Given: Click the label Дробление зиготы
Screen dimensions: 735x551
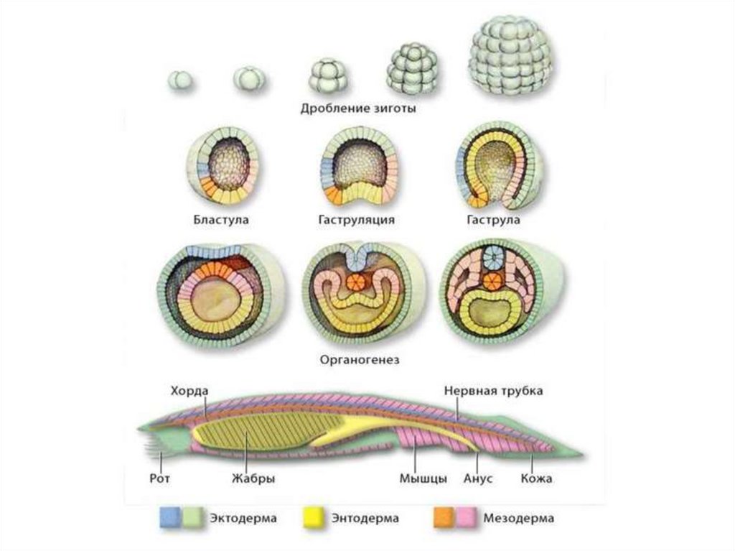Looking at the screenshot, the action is coord(358,110).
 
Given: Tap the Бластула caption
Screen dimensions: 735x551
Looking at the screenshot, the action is coord(220,220).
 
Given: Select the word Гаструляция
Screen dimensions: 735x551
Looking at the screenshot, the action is coord(357,220).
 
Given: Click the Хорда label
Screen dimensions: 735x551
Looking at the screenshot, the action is coord(189,391).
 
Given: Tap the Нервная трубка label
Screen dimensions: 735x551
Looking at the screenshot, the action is coord(492,391).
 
